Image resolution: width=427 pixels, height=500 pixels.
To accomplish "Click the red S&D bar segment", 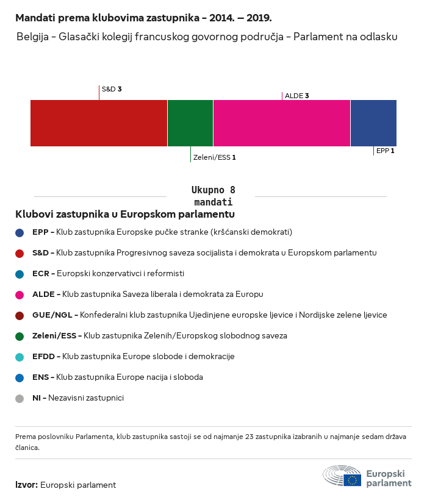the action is coord(99,123).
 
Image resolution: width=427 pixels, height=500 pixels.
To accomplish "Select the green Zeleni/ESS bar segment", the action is coord(190,123).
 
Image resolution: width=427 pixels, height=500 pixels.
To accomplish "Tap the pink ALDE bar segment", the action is coord(282,123).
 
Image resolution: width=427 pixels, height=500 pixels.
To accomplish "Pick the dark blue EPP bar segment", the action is coord(373,123).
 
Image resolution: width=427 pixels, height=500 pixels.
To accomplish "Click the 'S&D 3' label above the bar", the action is coord(112,89).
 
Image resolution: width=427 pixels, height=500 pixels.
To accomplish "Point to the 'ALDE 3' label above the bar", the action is coord(297,96).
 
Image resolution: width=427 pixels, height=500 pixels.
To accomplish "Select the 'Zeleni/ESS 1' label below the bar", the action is coord(214,157).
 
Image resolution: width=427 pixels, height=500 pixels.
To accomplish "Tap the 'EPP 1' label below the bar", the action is coord(386,151).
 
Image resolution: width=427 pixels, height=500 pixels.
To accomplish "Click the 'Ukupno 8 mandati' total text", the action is coord(213,196).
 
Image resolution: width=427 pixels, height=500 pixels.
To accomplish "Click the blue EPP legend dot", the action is coord(20,233).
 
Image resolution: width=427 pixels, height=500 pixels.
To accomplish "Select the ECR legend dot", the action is coord(20,274).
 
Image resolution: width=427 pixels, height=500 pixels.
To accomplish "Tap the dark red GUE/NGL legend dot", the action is coord(20,316).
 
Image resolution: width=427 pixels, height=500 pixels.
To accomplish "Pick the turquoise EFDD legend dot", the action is coord(20,357).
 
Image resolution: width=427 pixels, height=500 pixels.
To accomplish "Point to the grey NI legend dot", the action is coord(20,399).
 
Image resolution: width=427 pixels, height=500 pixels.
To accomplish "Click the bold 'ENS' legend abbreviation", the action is coord(40,377).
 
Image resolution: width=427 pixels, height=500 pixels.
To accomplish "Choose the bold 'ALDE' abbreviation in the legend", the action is coord(43,295).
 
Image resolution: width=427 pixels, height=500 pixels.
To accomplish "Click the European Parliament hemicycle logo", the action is coord(342,476).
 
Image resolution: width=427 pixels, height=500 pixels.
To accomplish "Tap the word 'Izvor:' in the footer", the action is coord(27,485).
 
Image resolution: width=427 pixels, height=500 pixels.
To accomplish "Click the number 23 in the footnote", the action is coord(249,437).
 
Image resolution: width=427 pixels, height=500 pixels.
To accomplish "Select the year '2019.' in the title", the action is coord(259,18).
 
